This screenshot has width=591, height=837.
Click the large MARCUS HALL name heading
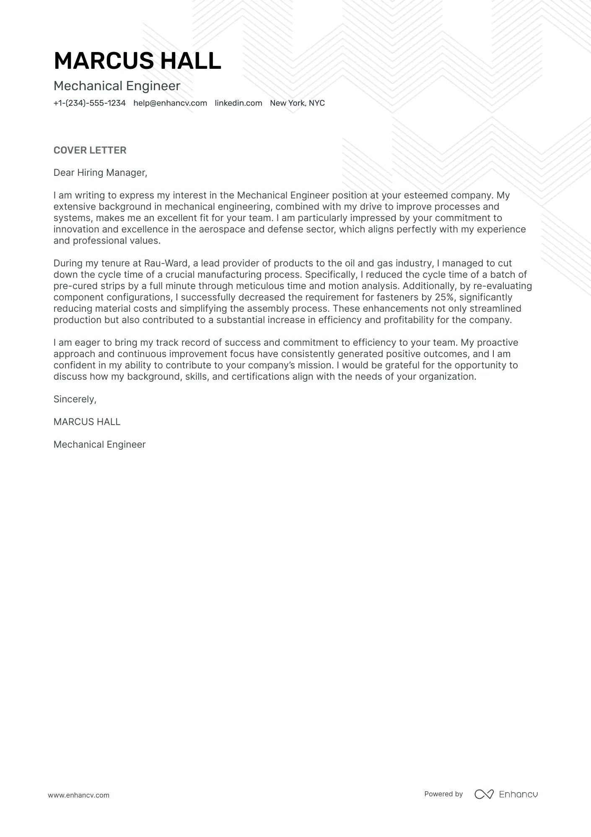[137, 61]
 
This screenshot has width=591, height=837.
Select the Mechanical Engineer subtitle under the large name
[117, 86]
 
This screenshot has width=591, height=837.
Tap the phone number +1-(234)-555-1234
[90, 103]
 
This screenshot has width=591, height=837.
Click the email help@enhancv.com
[170, 103]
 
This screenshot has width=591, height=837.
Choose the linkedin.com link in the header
[238, 103]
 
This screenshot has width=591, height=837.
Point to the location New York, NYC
[297, 103]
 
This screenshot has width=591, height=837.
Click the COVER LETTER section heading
[90, 150]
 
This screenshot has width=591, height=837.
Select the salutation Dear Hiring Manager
[100, 173]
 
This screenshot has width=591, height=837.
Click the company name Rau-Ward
[166, 263]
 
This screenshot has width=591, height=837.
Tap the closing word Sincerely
[75, 399]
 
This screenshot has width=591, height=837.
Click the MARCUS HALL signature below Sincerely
[87, 422]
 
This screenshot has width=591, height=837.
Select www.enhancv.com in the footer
[78, 795]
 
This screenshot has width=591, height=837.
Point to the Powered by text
[443, 794]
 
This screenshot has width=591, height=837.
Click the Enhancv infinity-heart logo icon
[484, 794]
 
